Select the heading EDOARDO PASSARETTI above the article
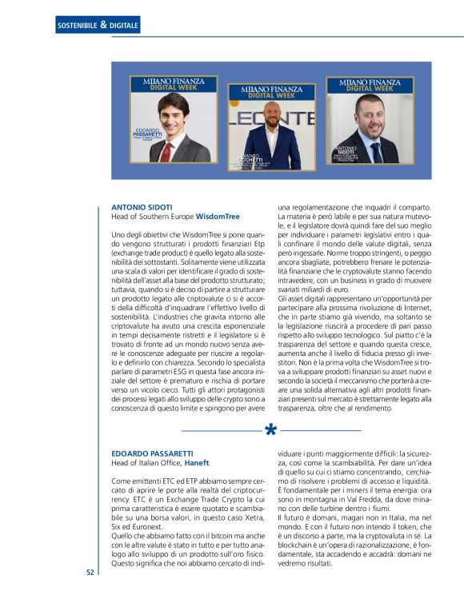151,453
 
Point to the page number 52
90,573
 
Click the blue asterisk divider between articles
270,432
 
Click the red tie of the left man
166,150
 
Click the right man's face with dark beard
370,114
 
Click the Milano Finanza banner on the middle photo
272,93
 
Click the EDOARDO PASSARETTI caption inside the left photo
148,134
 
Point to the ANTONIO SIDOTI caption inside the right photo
349,150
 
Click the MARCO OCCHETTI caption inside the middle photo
248,160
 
